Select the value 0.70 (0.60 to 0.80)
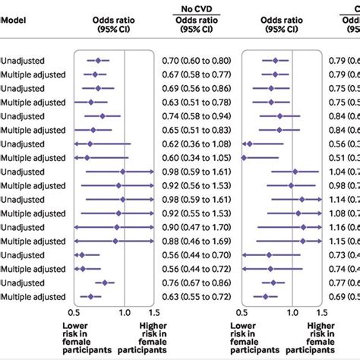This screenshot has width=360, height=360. tap(195, 60)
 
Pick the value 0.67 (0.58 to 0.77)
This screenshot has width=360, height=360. tap(195, 74)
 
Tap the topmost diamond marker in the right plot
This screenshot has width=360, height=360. tap(275, 60)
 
